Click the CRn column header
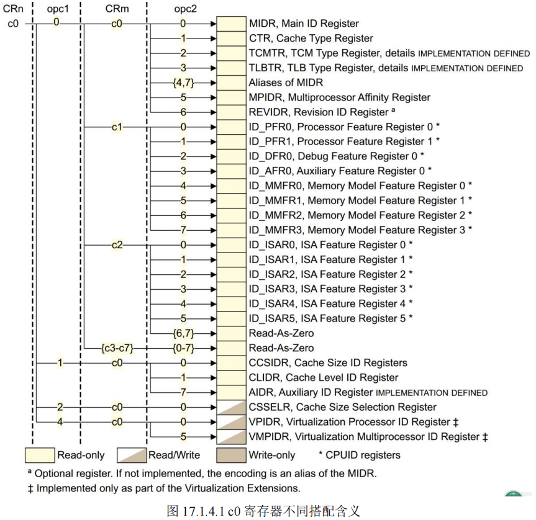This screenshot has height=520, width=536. tap(13, 9)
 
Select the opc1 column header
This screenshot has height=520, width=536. tap(58, 9)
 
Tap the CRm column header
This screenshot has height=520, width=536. tap(117, 9)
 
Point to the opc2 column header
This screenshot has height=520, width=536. tap(185, 9)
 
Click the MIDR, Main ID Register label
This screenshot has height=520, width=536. tap(304, 24)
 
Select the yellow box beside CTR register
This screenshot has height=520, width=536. tap(231, 38)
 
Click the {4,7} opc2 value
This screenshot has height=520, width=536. tap(184, 83)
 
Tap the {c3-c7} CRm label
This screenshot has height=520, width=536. tap(117, 348)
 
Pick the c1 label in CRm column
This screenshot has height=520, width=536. tap(117, 127)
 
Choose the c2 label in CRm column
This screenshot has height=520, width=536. tap(117, 245)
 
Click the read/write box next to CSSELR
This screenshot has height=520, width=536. tap(231, 407)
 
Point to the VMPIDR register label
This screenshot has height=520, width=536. tap(368, 437)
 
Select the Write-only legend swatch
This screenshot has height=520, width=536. tap(231, 455)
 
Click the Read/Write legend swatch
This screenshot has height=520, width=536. tap(132, 455)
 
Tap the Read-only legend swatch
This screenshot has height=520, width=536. tap(40, 455)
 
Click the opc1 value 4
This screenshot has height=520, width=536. tap(60, 422)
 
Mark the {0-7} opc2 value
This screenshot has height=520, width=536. tap(184, 348)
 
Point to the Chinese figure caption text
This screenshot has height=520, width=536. tap(263, 511)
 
